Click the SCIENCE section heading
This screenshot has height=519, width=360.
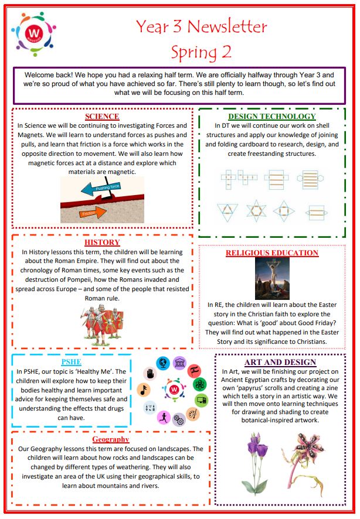pos(102,117)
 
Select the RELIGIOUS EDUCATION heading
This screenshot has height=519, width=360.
pos(271,253)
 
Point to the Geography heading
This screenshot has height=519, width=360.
pos(110,439)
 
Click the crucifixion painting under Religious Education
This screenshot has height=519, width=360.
pos(271,278)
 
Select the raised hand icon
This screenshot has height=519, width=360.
pos(150,373)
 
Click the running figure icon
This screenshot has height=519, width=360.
pos(162,417)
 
